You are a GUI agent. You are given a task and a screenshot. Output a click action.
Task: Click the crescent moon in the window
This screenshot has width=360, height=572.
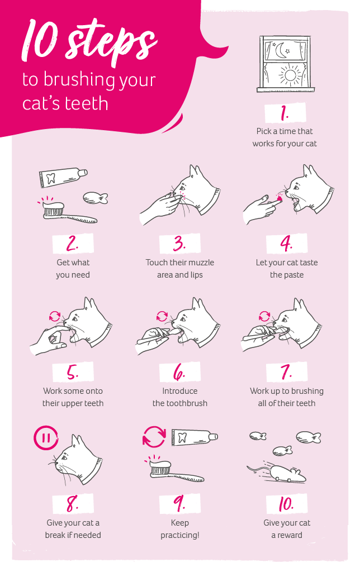(x=280, y=51)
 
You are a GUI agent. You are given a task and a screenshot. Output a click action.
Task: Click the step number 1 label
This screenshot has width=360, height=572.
(x=285, y=113)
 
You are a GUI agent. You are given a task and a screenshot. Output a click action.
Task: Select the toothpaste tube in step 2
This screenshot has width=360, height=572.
(x=63, y=178)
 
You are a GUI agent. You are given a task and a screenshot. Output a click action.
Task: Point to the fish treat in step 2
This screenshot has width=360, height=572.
(x=94, y=198)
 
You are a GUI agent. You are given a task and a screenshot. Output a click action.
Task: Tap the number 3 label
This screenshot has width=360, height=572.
(x=179, y=244)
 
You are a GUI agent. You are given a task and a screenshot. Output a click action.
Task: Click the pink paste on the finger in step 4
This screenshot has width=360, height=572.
(x=279, y=197)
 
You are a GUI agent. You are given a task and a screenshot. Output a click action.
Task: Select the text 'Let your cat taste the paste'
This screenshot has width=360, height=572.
(x=287, y=269)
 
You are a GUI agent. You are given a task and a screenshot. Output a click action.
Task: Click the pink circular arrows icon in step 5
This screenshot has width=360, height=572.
(x=55, y=316)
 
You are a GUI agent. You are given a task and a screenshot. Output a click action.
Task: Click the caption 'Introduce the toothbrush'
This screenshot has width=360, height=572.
(x=179, y=397)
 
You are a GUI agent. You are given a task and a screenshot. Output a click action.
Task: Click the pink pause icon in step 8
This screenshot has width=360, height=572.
(x=45, y=437)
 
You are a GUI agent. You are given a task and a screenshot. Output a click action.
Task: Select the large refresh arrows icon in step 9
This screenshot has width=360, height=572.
(x=154, y=437)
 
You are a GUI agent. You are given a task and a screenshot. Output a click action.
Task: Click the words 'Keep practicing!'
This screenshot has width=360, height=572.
(x=179, y=529)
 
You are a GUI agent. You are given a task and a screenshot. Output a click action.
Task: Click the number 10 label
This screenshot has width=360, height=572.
(x=286, y=504)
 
